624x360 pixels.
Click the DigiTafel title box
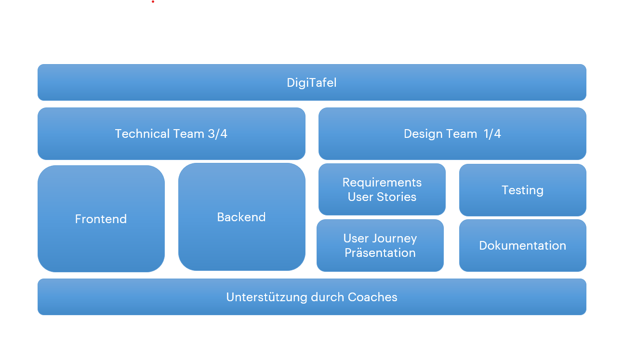(x=312, y=82)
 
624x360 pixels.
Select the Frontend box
(x=101, y=219)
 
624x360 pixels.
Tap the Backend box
(x=241, y=217)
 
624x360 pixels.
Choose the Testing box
(x=522, y=190)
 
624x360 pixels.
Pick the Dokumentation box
(x=522, y=245)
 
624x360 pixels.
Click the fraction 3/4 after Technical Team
(x=217, y=133)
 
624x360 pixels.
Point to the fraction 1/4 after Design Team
(x=492, y=133)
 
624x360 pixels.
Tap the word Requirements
(x=382, y=183)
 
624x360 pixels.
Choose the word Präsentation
(x=380, y=253)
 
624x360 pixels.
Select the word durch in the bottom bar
(x=328, y=297)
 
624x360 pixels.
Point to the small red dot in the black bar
(x=153, y=1)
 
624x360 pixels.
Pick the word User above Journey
(x=356, y=239)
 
